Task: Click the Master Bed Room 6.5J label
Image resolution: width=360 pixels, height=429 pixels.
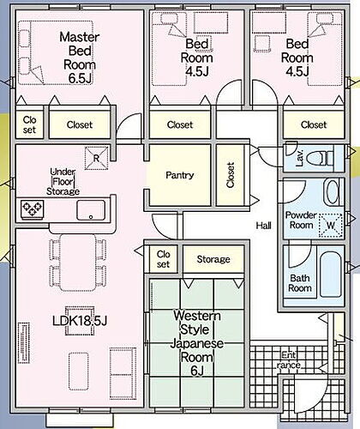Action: pyautogui.click(x=80, y=57)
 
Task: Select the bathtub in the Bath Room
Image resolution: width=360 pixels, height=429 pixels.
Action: pyautogui.click(x=331, y=275)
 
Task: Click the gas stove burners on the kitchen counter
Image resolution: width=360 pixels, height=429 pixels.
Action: pyautogui.click(x=32, y=208)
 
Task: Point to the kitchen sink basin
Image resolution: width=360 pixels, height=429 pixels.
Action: pyautogui.click(x=91, y=210)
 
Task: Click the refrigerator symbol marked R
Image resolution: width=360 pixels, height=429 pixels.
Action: pyautogui.click(x=97, y=158)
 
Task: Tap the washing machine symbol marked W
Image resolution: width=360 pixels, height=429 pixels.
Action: pyautogui.click(x=331, y=225)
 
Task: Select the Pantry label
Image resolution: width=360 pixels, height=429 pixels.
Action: pyautogui.click(x=180, y=175)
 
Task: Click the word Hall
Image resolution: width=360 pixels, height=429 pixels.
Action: pyautogui.click(x=263, y=226)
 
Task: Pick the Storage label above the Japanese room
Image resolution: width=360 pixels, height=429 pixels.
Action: pyautogui.click(x=213, y=259)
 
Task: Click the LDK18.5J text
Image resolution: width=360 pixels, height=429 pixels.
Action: pyautogui.click(x=80, y=321)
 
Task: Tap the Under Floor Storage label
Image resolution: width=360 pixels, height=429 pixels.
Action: pyautogui.click(x=63, y=182)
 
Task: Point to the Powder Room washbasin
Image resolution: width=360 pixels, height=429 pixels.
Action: pyautogui.click(x=332, y=191)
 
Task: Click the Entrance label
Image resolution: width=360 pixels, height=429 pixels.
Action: pyautogui.click(x=289, y=360)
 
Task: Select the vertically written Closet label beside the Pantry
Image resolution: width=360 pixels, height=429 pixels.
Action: pyautogui.click(x=231, y=175)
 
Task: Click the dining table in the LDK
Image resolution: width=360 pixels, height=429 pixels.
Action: pyautogui.click(x=78, y=263)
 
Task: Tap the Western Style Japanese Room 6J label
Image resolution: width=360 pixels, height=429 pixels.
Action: pyautogui.click(x=197, y=343)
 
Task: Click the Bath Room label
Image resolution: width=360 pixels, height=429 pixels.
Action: pyautogui.click(x=300, y=283)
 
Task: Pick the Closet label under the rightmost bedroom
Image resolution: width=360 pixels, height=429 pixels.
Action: pyautogui.click(x=314, y=124)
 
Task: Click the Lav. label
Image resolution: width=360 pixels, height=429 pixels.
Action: pyautogui.click(x=300, y=158)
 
